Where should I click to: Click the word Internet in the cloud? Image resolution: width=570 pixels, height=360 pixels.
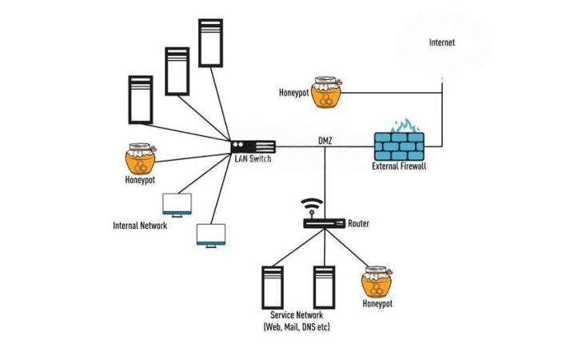(x=441, y=42)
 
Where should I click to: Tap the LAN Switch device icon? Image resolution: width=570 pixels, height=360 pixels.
(x=253, y=146)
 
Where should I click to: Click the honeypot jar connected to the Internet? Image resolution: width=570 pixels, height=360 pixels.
(x=325, y=94)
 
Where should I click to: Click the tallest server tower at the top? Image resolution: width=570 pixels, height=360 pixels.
(x=211, y=42)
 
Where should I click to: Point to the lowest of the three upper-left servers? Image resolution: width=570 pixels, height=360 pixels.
(x=140, y=99)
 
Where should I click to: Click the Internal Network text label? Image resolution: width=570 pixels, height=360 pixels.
(x=140, y=226)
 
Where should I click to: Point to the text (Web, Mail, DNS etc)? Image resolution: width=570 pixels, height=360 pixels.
(x=297, y=327)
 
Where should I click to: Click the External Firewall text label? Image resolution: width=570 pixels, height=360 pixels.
(x=399, y=166)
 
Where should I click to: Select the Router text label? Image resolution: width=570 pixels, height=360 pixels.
(x=359, y=224)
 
